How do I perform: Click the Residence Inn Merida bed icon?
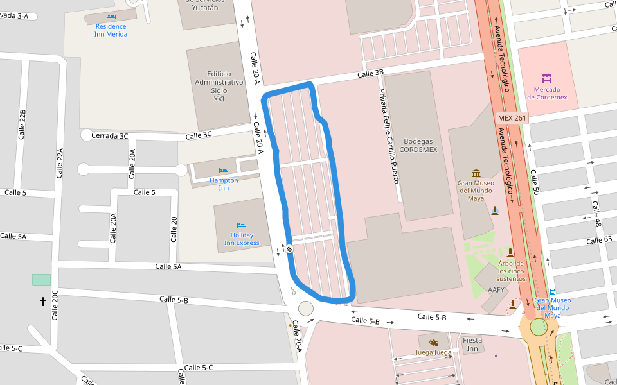[111, 16]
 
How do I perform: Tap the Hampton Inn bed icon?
[224, 171]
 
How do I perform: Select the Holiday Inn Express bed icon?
[242, 226]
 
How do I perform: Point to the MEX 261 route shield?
[512, 118]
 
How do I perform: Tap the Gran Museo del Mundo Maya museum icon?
[476, 173]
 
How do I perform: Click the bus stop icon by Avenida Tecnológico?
[553, 292]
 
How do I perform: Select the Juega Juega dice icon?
[434, 343]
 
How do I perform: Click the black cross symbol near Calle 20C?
[43, 301]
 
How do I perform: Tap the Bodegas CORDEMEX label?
[420, 145]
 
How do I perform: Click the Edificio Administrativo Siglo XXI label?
[219, 87]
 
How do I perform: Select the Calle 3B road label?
[370, 74]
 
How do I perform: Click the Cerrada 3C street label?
[110, 135]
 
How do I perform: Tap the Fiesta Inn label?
[472, 345]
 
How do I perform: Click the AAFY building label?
[496, 290]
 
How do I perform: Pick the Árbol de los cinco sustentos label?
[512, 271]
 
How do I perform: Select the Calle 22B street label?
[22, 124]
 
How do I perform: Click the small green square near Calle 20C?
[41, 280]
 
